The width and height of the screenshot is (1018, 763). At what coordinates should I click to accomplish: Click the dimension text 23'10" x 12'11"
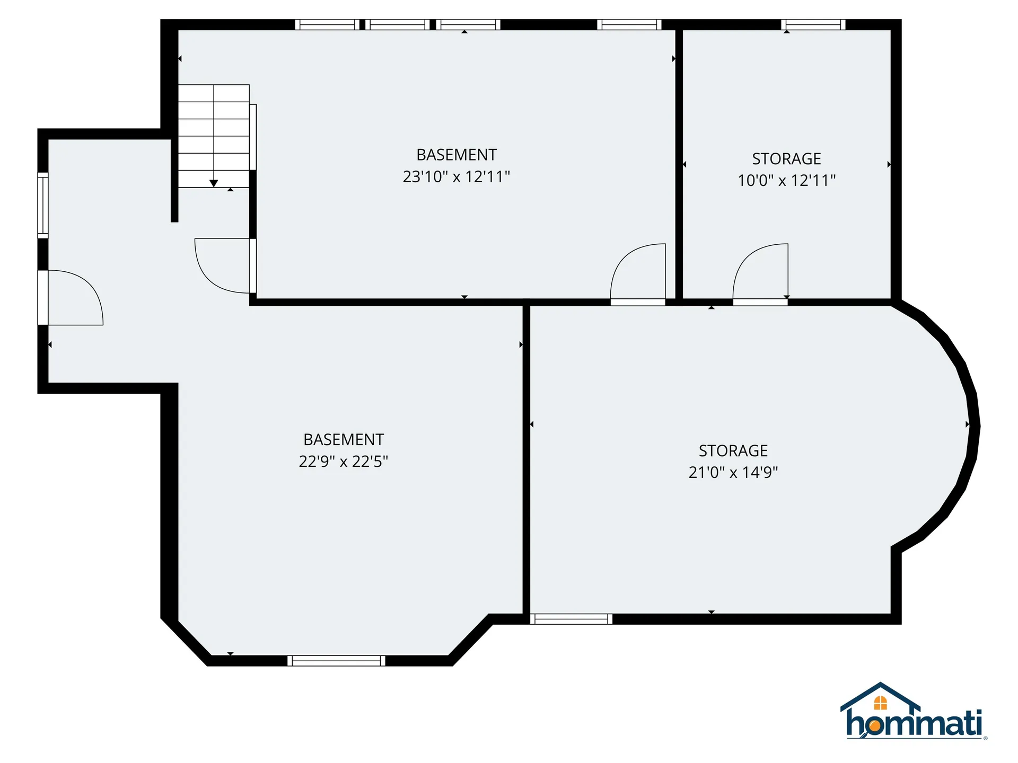(x=456, y=176)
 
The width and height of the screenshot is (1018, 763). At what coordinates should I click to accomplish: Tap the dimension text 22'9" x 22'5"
(x=343, y=462)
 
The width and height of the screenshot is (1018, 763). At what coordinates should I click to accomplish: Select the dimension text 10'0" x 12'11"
(x=786, y=181)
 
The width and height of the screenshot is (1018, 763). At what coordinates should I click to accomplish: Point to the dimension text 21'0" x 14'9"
(x=733, y=472)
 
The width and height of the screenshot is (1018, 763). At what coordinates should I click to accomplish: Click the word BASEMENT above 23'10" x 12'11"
(x=457, y=155)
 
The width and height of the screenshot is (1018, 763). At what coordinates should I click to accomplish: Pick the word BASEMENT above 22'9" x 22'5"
(x=344, y=440)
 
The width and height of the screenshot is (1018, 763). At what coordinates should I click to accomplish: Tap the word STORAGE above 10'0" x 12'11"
(x=786, y=158)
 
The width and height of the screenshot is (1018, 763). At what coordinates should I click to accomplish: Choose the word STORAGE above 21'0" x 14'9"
(x=733, y=450)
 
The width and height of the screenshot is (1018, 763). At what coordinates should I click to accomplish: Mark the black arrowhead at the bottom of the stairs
(x=214, y=183)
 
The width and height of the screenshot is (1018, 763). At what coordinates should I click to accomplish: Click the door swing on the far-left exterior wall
(x=74, y=297)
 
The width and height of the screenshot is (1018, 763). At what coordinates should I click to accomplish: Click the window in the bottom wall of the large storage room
(x=571, y=619)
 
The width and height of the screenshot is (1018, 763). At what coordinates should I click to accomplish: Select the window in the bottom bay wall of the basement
(x=336, y=661)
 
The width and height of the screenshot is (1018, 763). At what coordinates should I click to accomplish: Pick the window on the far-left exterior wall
(x=43, y=205)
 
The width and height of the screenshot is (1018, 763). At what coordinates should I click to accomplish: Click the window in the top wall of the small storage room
(x=813, y=24)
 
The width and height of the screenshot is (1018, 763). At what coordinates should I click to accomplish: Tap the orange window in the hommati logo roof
(x=880, y=703)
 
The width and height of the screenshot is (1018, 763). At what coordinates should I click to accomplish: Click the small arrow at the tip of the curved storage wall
(x=968, y=424)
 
